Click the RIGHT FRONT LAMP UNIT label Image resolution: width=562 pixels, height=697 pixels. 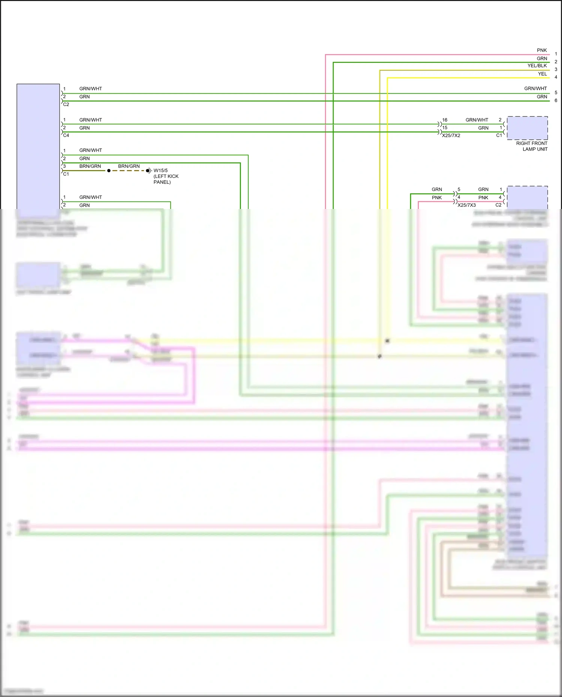point(532,146)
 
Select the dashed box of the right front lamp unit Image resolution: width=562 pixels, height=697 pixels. point(527,128)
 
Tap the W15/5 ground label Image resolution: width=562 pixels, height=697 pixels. point(161,170)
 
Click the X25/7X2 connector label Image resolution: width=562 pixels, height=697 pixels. point(451,136)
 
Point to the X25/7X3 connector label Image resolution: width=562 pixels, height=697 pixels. point(466,205)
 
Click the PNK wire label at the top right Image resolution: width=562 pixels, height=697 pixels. point(542,50)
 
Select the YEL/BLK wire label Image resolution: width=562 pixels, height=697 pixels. point(537,66)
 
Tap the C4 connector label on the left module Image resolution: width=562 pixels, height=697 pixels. point(66,136)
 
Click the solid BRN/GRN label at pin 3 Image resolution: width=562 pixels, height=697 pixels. point(90,166)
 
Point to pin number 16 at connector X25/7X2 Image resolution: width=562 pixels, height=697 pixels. point(445,120)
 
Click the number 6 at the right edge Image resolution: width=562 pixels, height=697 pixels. point(556,100)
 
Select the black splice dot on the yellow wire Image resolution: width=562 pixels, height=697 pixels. point(387,341)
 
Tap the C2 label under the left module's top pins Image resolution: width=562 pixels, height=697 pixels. point(66,104)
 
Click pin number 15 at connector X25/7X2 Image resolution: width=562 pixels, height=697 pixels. point(445,128)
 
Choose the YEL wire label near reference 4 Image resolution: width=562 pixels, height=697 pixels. point(542,74)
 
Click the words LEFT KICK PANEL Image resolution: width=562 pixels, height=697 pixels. point(166,179)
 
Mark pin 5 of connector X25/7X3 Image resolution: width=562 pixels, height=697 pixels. point(459,190)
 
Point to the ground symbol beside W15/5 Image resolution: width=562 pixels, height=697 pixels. point(149,171)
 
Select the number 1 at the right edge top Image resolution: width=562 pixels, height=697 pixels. point(556,54)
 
